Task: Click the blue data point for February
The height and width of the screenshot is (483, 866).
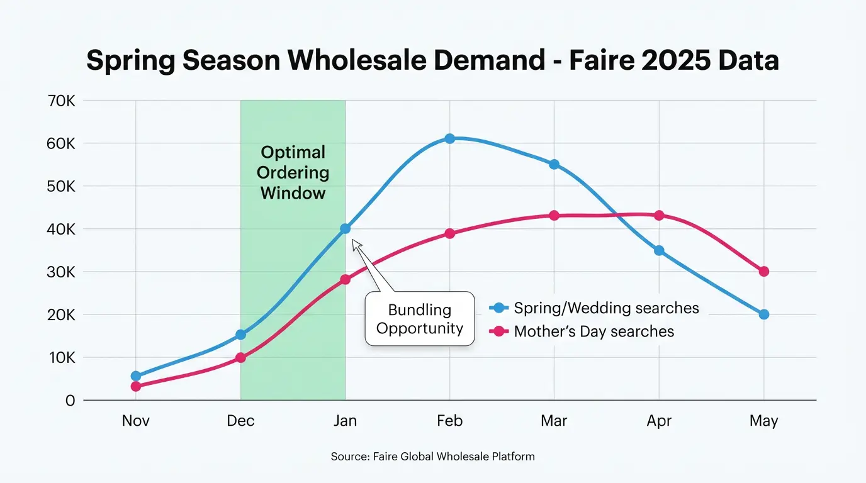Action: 449,138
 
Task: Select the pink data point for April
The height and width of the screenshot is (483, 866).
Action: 659,215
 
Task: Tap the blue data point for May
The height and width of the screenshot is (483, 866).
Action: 763,314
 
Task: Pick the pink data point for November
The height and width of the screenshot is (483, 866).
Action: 136,386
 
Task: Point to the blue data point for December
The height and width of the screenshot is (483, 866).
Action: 240,335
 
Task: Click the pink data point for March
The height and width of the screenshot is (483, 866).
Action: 554,215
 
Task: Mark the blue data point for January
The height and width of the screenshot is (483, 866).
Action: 345,229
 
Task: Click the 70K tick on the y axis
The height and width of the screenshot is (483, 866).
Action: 61,101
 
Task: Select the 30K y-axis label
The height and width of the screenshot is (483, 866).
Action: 61,272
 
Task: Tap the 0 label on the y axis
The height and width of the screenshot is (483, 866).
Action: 70,401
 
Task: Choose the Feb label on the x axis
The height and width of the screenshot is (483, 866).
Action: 449,421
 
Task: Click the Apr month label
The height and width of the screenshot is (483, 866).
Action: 659,421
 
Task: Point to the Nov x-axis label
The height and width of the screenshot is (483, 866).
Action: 136,421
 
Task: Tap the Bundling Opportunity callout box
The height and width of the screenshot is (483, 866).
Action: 420,319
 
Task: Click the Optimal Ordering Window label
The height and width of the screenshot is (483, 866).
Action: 293,172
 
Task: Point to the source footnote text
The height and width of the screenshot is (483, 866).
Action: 433,457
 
